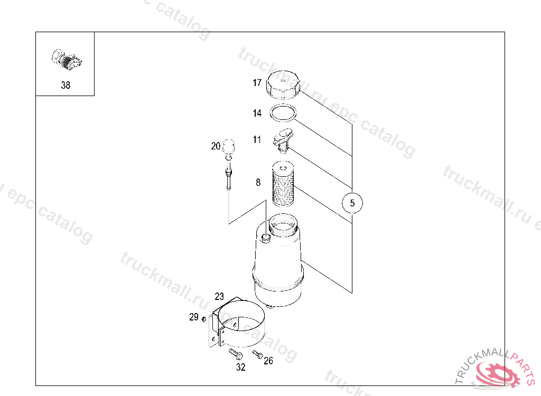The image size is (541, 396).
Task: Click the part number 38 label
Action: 66,85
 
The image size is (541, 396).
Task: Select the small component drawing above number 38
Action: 67,60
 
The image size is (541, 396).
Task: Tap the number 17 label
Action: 257,83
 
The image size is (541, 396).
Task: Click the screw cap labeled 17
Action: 283,84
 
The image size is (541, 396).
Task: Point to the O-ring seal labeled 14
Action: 283,112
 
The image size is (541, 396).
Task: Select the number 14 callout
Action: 257,113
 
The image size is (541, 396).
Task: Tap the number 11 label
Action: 257,139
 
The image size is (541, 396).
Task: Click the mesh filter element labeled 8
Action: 283,184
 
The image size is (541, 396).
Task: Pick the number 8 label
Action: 258,183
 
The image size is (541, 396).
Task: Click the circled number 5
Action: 352,203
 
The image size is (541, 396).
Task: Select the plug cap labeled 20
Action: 228,146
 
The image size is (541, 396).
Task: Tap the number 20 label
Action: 216,146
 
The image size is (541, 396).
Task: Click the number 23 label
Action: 219,296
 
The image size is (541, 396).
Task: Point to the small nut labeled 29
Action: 204,319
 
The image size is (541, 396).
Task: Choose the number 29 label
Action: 194,317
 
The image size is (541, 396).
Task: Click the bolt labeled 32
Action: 235,354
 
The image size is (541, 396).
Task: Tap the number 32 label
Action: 241,367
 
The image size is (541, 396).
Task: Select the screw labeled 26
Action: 257,354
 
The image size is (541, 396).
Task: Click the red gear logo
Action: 497,373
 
